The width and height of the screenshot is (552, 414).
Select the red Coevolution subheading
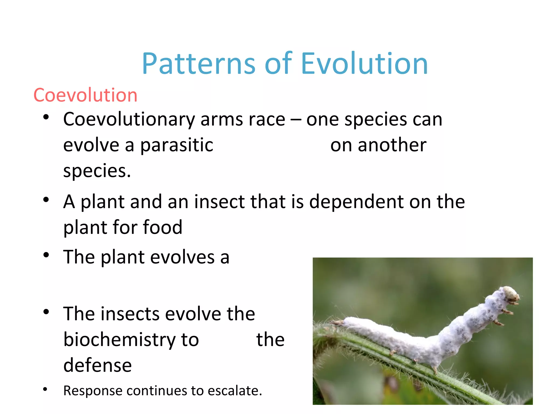(85, 95)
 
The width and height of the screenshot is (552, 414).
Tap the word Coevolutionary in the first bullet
(129, 119)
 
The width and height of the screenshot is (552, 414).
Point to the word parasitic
(177, 145)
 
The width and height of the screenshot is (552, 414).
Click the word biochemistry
(131, 340)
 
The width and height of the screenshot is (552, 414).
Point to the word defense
(98, 365)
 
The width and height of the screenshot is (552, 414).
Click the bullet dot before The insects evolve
(46, 312)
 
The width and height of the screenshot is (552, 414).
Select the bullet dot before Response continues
(45, 389)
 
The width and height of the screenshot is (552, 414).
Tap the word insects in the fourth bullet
(129, 314)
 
